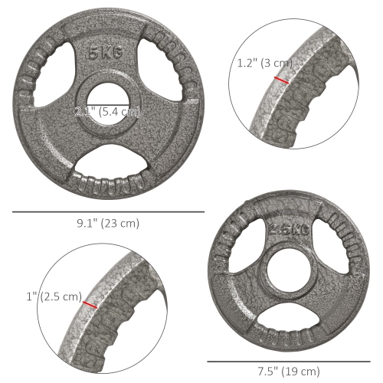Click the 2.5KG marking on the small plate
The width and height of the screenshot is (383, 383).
[289, 229]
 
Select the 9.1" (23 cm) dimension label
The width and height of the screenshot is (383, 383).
[107, 223]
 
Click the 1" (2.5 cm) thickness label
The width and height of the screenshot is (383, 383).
[53, 296]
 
